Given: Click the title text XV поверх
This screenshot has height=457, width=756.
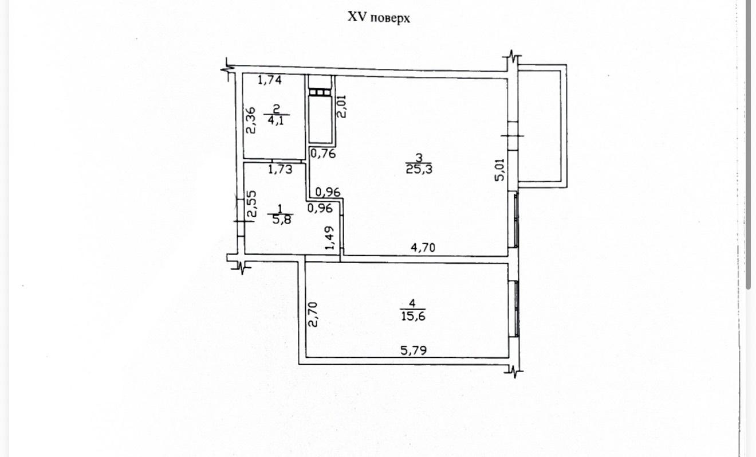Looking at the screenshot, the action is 379,17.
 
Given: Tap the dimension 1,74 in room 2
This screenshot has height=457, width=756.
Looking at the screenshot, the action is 269,80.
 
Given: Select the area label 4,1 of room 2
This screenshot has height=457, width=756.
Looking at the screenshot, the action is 276,120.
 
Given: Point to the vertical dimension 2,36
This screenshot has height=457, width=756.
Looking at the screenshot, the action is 251,120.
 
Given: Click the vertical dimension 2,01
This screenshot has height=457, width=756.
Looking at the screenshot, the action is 341,106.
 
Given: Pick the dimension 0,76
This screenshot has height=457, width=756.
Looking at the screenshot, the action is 323,154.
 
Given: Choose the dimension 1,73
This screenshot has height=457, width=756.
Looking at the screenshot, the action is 280,169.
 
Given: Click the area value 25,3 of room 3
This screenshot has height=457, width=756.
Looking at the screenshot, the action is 419,169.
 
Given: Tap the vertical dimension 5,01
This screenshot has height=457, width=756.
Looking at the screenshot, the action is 499,170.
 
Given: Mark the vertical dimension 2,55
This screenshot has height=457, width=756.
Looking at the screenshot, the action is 251,204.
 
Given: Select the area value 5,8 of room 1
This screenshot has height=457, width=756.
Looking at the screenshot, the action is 281,220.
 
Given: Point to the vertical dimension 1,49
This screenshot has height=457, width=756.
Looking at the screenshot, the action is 329,238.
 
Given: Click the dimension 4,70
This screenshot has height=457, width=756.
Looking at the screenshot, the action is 423,248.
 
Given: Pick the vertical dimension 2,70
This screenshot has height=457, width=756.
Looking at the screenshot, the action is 313,314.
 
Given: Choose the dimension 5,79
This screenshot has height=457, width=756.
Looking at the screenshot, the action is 414,350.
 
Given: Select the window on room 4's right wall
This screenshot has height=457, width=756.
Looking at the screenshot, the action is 515,308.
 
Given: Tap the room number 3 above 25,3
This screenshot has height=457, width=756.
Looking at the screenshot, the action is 419,158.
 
